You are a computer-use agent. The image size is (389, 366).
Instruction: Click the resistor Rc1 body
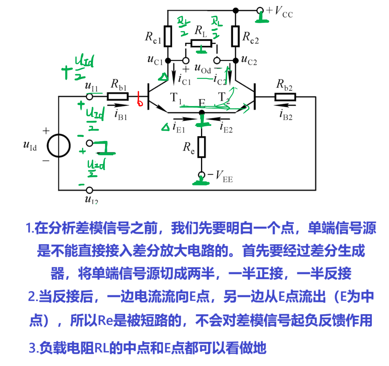pyautogui.click(x=168, y=36)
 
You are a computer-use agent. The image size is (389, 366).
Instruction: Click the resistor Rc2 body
pyautogui.click(x=236, y=36)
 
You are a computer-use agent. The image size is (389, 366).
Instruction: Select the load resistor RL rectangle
pyautogui.click(x=201, y=44)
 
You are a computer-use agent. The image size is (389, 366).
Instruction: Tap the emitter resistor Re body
pyautogui.click(x=201, y=147)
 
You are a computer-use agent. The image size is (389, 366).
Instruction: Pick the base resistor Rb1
pyautogui.click(x=118, y=97)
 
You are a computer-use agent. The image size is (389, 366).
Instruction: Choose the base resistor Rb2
pyautogui.click(x=285, y=97)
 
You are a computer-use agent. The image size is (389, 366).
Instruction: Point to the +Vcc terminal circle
pyautogui.click(x=260, y=10)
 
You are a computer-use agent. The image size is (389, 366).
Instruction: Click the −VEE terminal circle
pyautogui.click(x=201, y=175)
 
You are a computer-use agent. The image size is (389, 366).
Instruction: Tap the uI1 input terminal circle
pyautogui.click(x=89, y=97)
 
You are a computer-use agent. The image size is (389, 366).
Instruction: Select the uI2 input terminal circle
pyautogui.click(x=89, y=190)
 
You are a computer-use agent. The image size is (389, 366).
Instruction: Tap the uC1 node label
pyautogui.click(x=155, y=61)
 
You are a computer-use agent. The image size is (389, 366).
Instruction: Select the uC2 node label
pyautogui.click(x=249, y=61)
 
